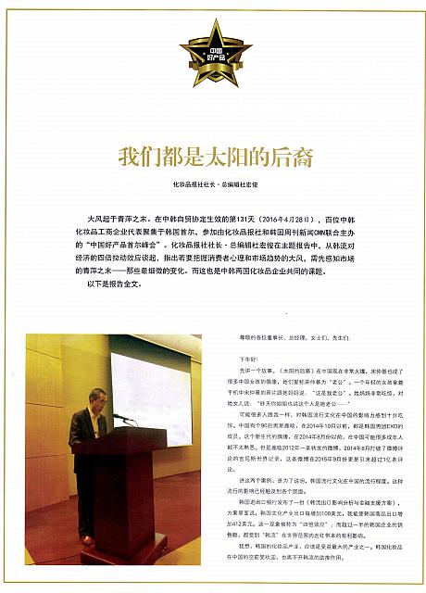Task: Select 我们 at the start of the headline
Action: [134, 156]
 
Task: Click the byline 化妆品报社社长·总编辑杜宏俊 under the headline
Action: [214, 183]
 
